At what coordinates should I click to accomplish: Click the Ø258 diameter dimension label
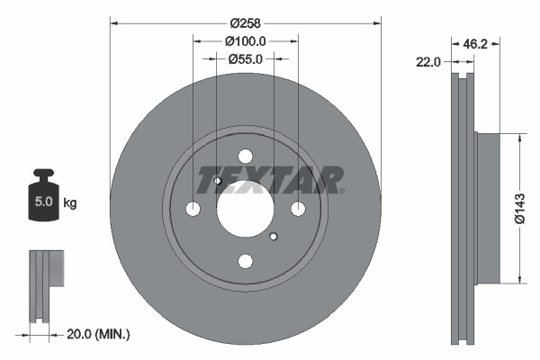[x=245, y=22]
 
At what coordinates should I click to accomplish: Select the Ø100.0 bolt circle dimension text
[x=245, y=40]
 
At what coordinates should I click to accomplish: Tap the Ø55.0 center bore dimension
[x=245, y=58]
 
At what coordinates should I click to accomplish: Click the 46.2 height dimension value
[x=475, y=41]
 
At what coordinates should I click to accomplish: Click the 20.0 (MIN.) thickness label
[x=100, y=335]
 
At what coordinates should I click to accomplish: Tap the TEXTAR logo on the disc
[x=269, y=179]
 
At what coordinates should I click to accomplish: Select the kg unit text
[x=69, y=203]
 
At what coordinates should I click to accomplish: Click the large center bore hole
[x=245, y=209]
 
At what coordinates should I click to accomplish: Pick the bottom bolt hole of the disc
[x=245, y=261]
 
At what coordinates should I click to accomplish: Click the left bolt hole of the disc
[x=193, y=209]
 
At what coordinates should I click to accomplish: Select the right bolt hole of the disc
[x=297, y=209]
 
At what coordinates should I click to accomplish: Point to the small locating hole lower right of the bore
[x=273, y=237]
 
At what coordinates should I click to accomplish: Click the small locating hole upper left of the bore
[x=217, y=181]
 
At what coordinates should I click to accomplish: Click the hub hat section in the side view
[x=486, y=209]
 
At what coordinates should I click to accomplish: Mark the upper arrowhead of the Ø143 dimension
[x=519, y=137]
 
